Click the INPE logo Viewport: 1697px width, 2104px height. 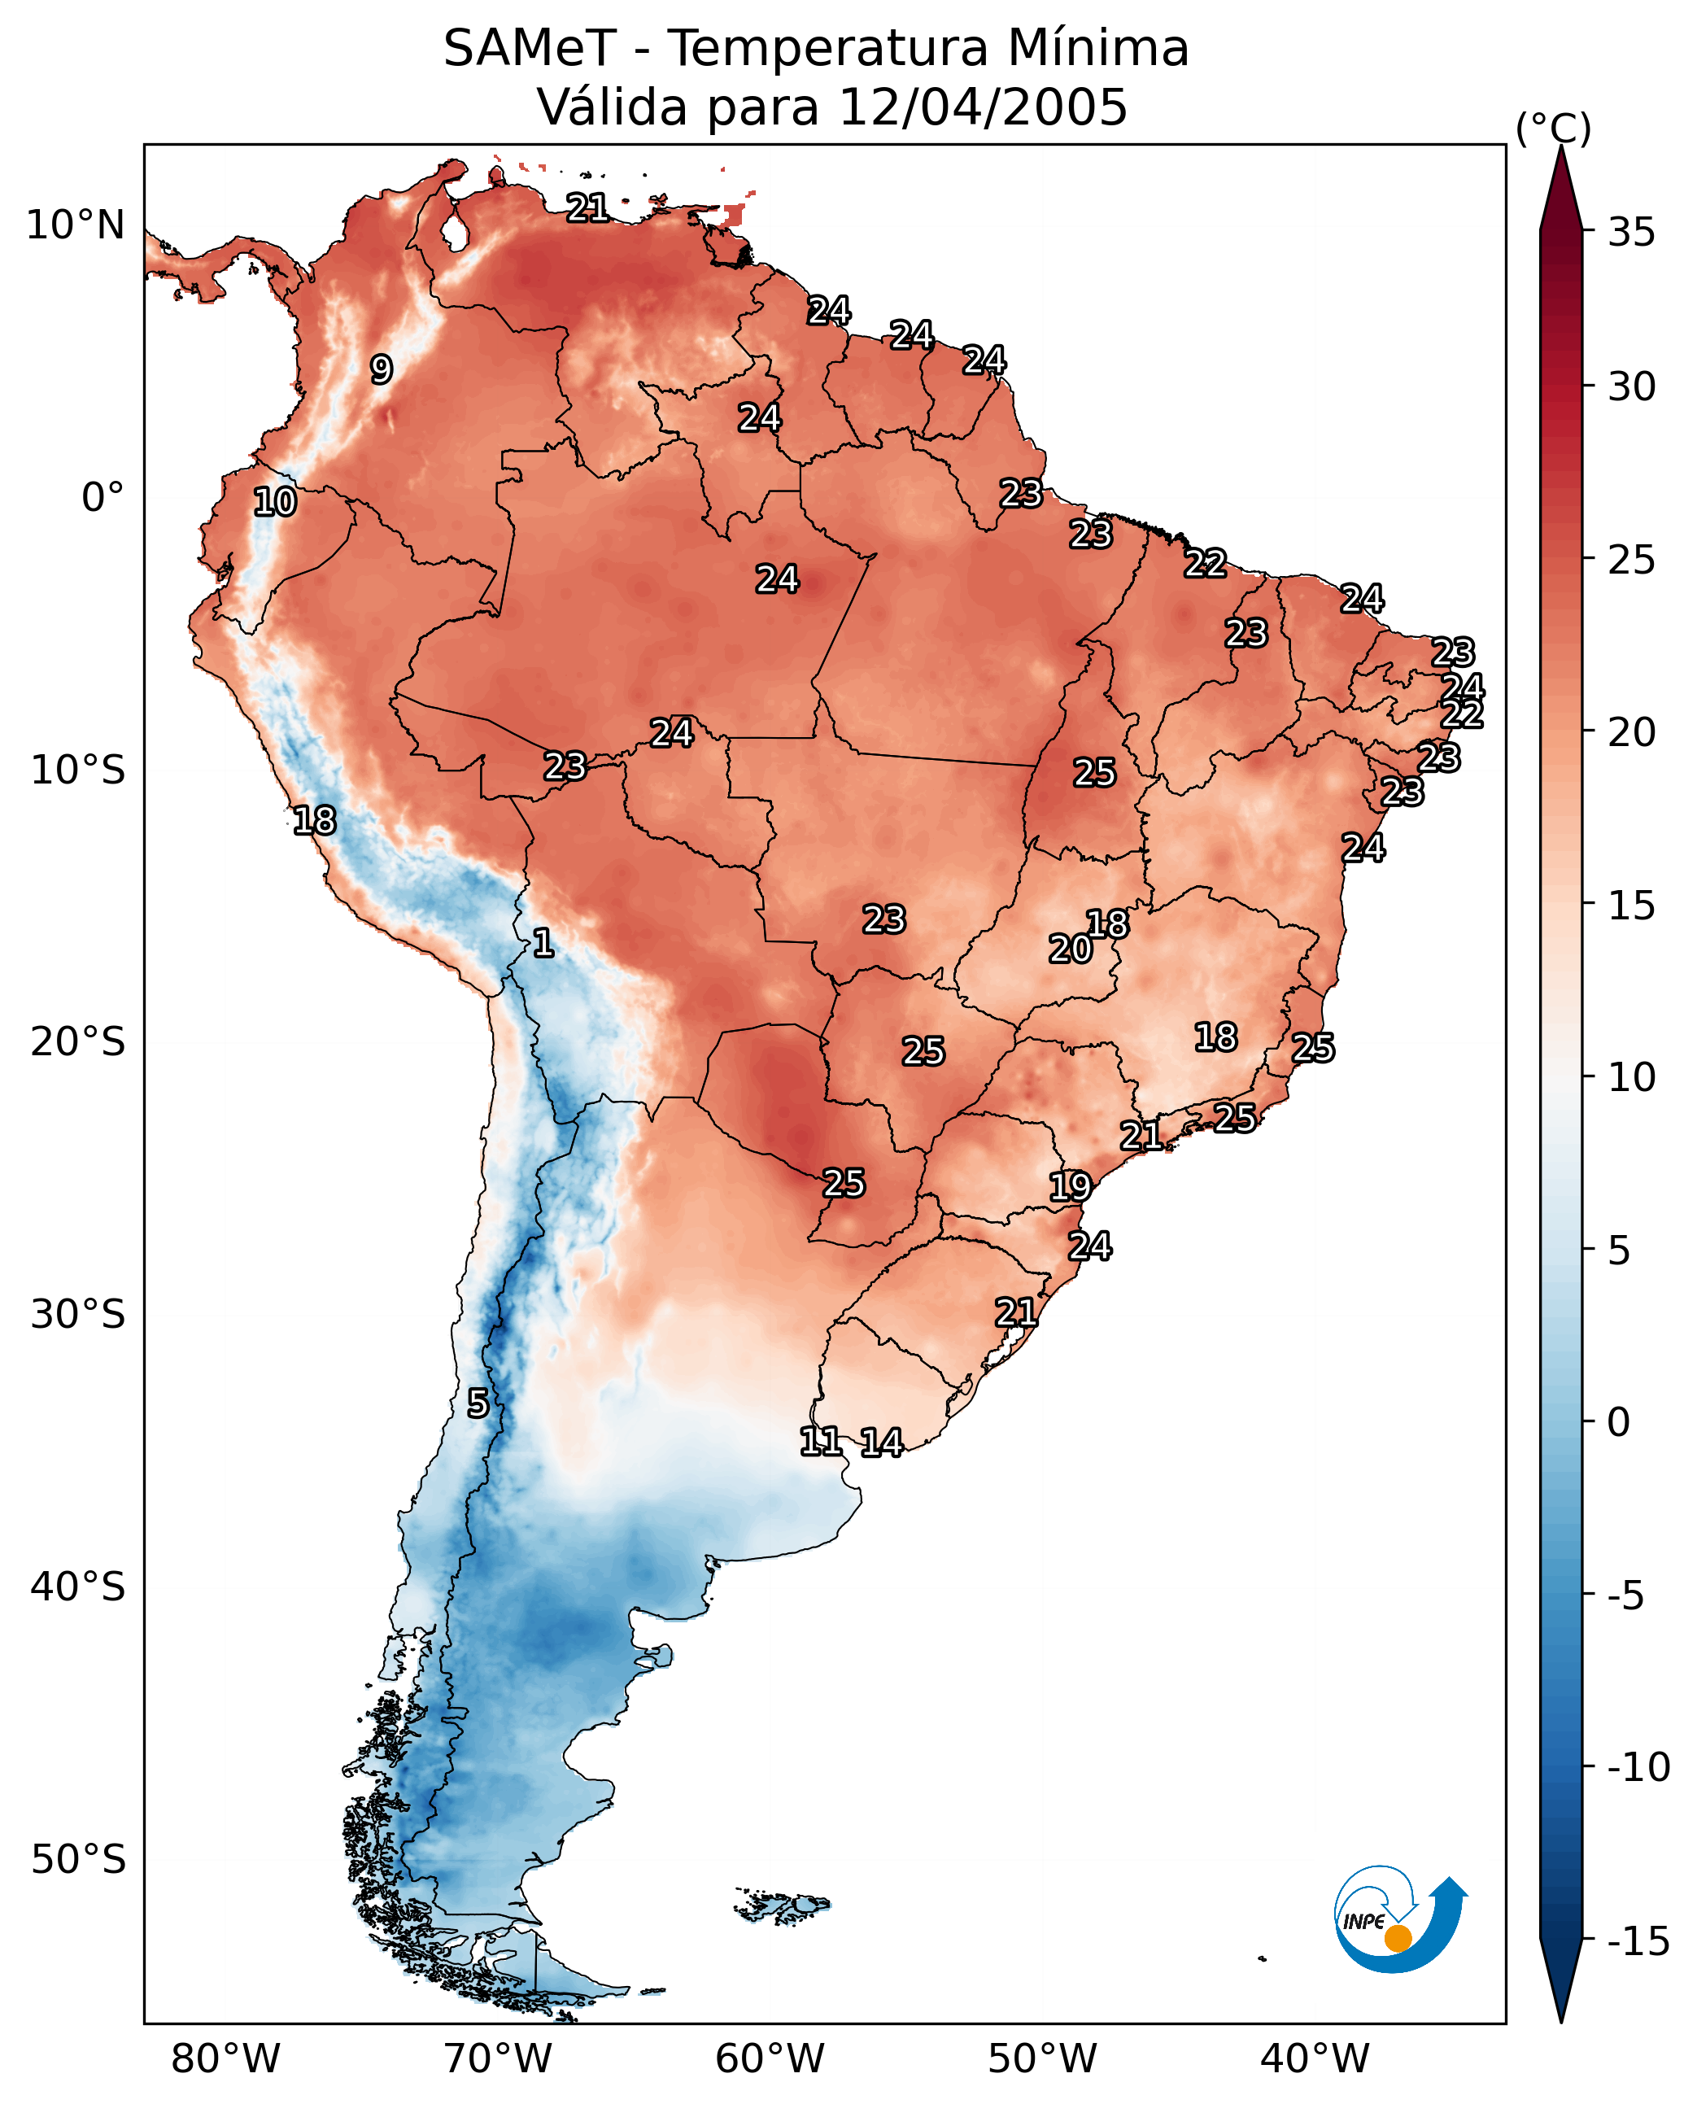click(x=1400, y=1919)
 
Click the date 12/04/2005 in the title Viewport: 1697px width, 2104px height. click(x=983, y=107)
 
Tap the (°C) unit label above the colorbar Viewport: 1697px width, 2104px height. click(x=1553, y=129)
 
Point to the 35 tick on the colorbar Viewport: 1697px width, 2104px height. click(x=1631, y=233)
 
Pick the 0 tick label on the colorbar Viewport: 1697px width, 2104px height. click(x=1619, y=1422)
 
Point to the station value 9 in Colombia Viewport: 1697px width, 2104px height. click(x=382, y=369)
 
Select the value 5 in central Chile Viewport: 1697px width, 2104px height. click(x=477, y=1403)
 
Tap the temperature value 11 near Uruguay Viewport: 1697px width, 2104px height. click(x=821, y=1440)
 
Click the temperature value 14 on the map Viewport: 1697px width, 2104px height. click(x=882, y=1442)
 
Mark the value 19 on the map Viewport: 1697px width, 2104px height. click(x=1071, y=1186)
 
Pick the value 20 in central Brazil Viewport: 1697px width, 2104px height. click(x=1071, y=949)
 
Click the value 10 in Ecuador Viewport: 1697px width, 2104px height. click(x=275, y=501)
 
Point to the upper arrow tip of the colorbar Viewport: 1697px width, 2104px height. click(x=1561, y=146)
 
